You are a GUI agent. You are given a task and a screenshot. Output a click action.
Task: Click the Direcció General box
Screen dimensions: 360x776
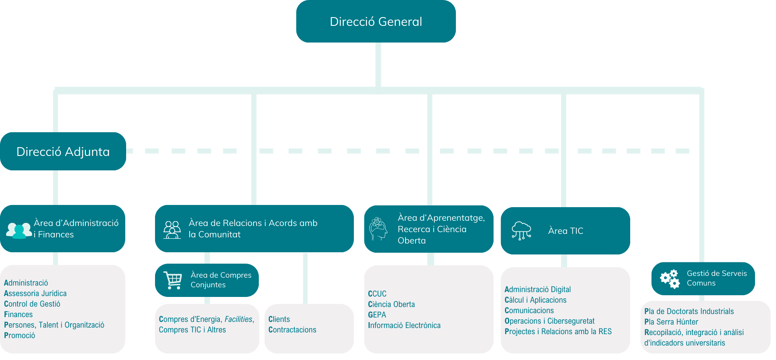(x=376, y=21)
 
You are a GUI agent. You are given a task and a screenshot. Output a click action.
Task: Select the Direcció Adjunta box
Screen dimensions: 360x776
(x=63, y=152)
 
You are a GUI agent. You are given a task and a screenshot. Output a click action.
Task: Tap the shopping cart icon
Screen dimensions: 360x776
(x=173, y=280)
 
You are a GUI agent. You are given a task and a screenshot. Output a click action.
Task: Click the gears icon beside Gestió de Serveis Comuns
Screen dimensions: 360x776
(x=670, y=279)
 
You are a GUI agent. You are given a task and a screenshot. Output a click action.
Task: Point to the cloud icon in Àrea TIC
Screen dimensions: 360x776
(x=521, y=230)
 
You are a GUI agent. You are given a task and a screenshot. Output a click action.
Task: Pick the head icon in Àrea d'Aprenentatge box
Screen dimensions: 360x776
(x=378, y=229)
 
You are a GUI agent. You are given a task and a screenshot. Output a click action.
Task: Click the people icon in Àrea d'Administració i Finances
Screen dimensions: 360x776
(x=19, y=230)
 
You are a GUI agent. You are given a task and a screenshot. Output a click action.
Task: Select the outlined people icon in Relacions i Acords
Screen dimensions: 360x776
(x=172, y=229)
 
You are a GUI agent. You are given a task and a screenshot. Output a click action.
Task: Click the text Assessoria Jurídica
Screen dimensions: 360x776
(x=35, y=293)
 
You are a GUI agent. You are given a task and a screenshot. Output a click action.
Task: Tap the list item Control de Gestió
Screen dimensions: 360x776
(x=32, y=304)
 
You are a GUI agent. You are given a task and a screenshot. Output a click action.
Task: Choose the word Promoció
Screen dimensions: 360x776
(x=20, y=335)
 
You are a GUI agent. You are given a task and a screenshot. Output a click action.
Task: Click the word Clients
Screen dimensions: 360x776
(x=279, y=319)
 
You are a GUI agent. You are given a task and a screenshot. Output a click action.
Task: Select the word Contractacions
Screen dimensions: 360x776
(x=292, y=330)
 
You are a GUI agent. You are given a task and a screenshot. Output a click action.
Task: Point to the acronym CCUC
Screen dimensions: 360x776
(x=377, y=294)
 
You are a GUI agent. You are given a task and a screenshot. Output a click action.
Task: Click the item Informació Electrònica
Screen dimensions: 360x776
(x=404, y=325)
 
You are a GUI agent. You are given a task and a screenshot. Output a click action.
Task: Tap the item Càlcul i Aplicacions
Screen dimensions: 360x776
(x=536, y=300)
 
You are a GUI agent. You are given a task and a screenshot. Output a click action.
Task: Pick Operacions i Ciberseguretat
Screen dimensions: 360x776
(x=550, y=321)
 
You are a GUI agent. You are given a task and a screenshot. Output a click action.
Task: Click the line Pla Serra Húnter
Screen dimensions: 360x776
(x=671, y=322)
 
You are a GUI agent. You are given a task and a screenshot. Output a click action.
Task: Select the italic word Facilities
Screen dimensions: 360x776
(x=239, y=319)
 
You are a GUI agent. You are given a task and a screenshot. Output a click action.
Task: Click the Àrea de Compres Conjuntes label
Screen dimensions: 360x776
(x=221, y=280)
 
